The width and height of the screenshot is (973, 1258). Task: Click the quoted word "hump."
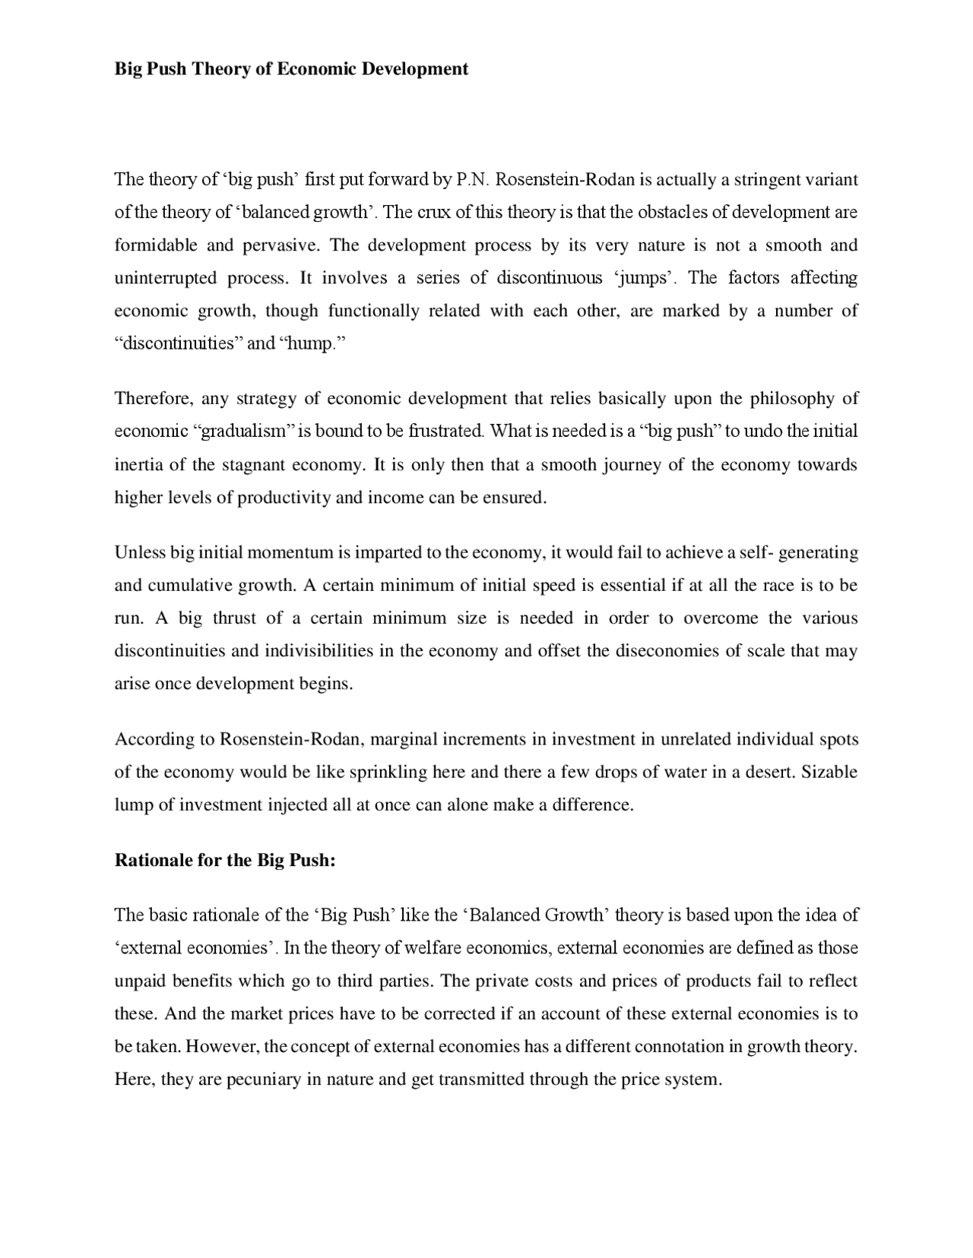click(312, 343)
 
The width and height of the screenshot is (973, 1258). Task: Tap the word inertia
click(137, 464)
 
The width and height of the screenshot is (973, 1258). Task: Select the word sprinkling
click(388, 773)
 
